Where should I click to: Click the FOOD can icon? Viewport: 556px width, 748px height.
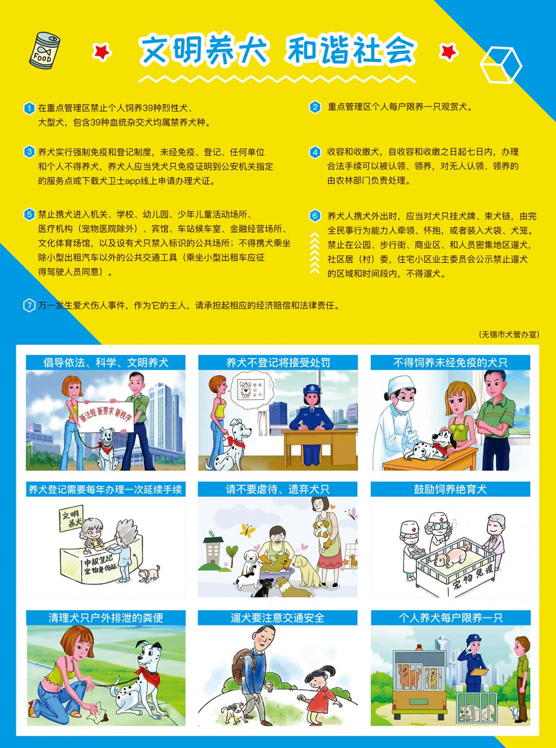click(45, 50)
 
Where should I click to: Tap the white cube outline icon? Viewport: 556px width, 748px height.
click(500, 65)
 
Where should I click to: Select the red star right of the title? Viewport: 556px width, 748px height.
click(449, 51)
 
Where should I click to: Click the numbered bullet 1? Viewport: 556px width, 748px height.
click(29, 108)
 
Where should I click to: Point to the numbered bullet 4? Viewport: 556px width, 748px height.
click(315, 152)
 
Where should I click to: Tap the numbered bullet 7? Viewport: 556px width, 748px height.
click(29, 306)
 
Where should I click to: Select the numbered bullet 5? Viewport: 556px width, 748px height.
click(29, 215)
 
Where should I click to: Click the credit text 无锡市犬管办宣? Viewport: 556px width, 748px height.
click(509, 334)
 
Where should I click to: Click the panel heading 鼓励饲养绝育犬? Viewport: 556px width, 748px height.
click(450, 489)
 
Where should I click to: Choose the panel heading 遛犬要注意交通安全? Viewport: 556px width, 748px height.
click(277, 618)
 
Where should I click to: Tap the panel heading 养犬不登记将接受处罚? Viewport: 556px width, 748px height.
click(278, 363)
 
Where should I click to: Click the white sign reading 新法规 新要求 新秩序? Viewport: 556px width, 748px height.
click(106, 417)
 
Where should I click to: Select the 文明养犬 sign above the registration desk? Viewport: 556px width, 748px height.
click(71, 519)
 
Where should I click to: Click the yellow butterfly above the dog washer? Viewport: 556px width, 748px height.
click(247, 529)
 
